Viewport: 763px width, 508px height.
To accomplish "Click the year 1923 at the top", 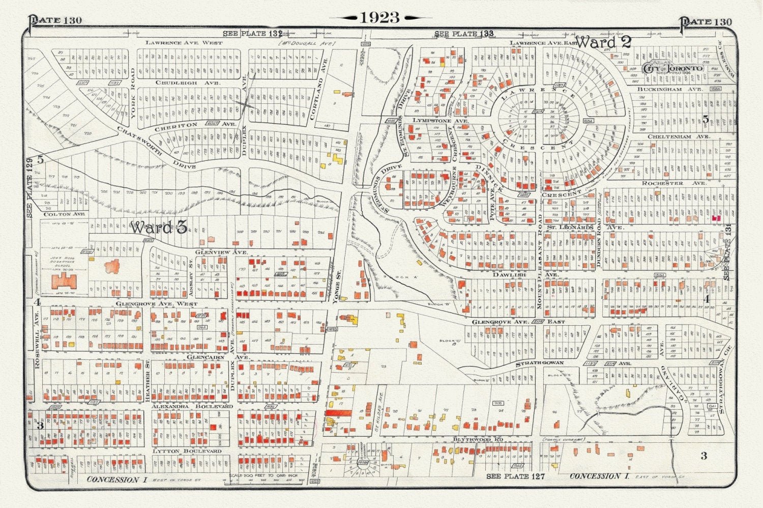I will coord(380,17).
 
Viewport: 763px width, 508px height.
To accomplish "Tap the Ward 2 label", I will coord(603,42).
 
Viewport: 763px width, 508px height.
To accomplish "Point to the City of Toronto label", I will coord(673,68).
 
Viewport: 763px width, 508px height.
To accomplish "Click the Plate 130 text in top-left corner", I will coord(55,20).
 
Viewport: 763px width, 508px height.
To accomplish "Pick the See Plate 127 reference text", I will coord(515,476).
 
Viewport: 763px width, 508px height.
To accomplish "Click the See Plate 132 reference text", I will coord(252,34).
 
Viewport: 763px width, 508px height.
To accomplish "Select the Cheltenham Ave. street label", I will coord(679,137).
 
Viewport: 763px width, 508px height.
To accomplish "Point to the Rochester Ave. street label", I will coord(673,183).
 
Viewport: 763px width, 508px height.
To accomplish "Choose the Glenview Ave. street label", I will coord(222,252).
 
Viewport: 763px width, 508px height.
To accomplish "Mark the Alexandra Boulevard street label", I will coord(192,406).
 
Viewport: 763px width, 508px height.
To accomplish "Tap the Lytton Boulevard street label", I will coord(187,451).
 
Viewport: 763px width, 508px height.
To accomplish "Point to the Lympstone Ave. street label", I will coord(433,121).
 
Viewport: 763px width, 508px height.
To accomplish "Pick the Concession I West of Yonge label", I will coord(113,479).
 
